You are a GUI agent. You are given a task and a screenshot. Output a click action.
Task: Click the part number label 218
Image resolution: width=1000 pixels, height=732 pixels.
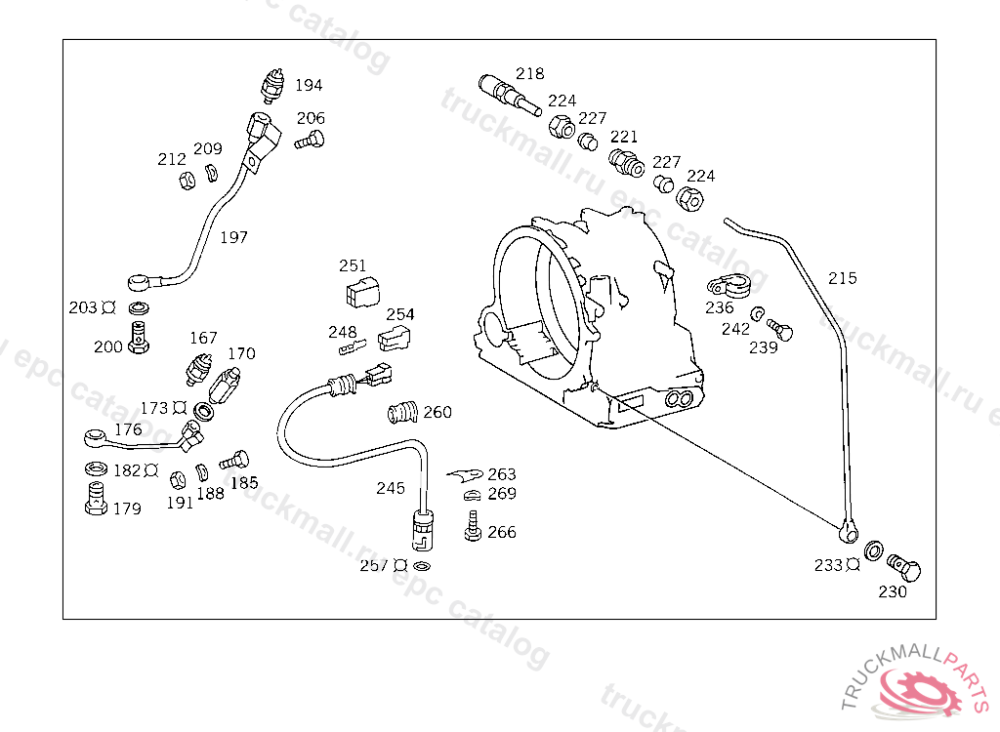tap(530, 73)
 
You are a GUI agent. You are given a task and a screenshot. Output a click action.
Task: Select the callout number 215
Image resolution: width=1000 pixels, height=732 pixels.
tap(842, 278)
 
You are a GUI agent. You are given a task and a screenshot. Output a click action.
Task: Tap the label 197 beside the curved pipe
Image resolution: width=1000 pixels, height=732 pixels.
tap(233, 237)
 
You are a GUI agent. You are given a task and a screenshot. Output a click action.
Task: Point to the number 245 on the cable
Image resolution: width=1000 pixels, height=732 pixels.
tap(391, 488)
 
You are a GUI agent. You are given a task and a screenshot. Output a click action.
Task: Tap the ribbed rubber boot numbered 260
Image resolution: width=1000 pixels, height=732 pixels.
tap(402, 412)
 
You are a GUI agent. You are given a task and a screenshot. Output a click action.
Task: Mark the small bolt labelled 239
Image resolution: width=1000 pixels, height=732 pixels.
tap(779, 328)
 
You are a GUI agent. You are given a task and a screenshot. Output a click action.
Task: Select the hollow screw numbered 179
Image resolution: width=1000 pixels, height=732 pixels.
tap(96, 501)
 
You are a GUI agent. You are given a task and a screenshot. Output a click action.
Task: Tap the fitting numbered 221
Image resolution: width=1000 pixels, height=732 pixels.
tap(624, 161)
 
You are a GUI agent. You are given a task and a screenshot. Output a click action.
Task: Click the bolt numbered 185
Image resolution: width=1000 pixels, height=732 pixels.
tap(236, 458)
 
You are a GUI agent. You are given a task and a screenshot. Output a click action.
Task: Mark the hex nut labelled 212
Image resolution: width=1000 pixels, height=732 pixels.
tap(185, 181)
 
